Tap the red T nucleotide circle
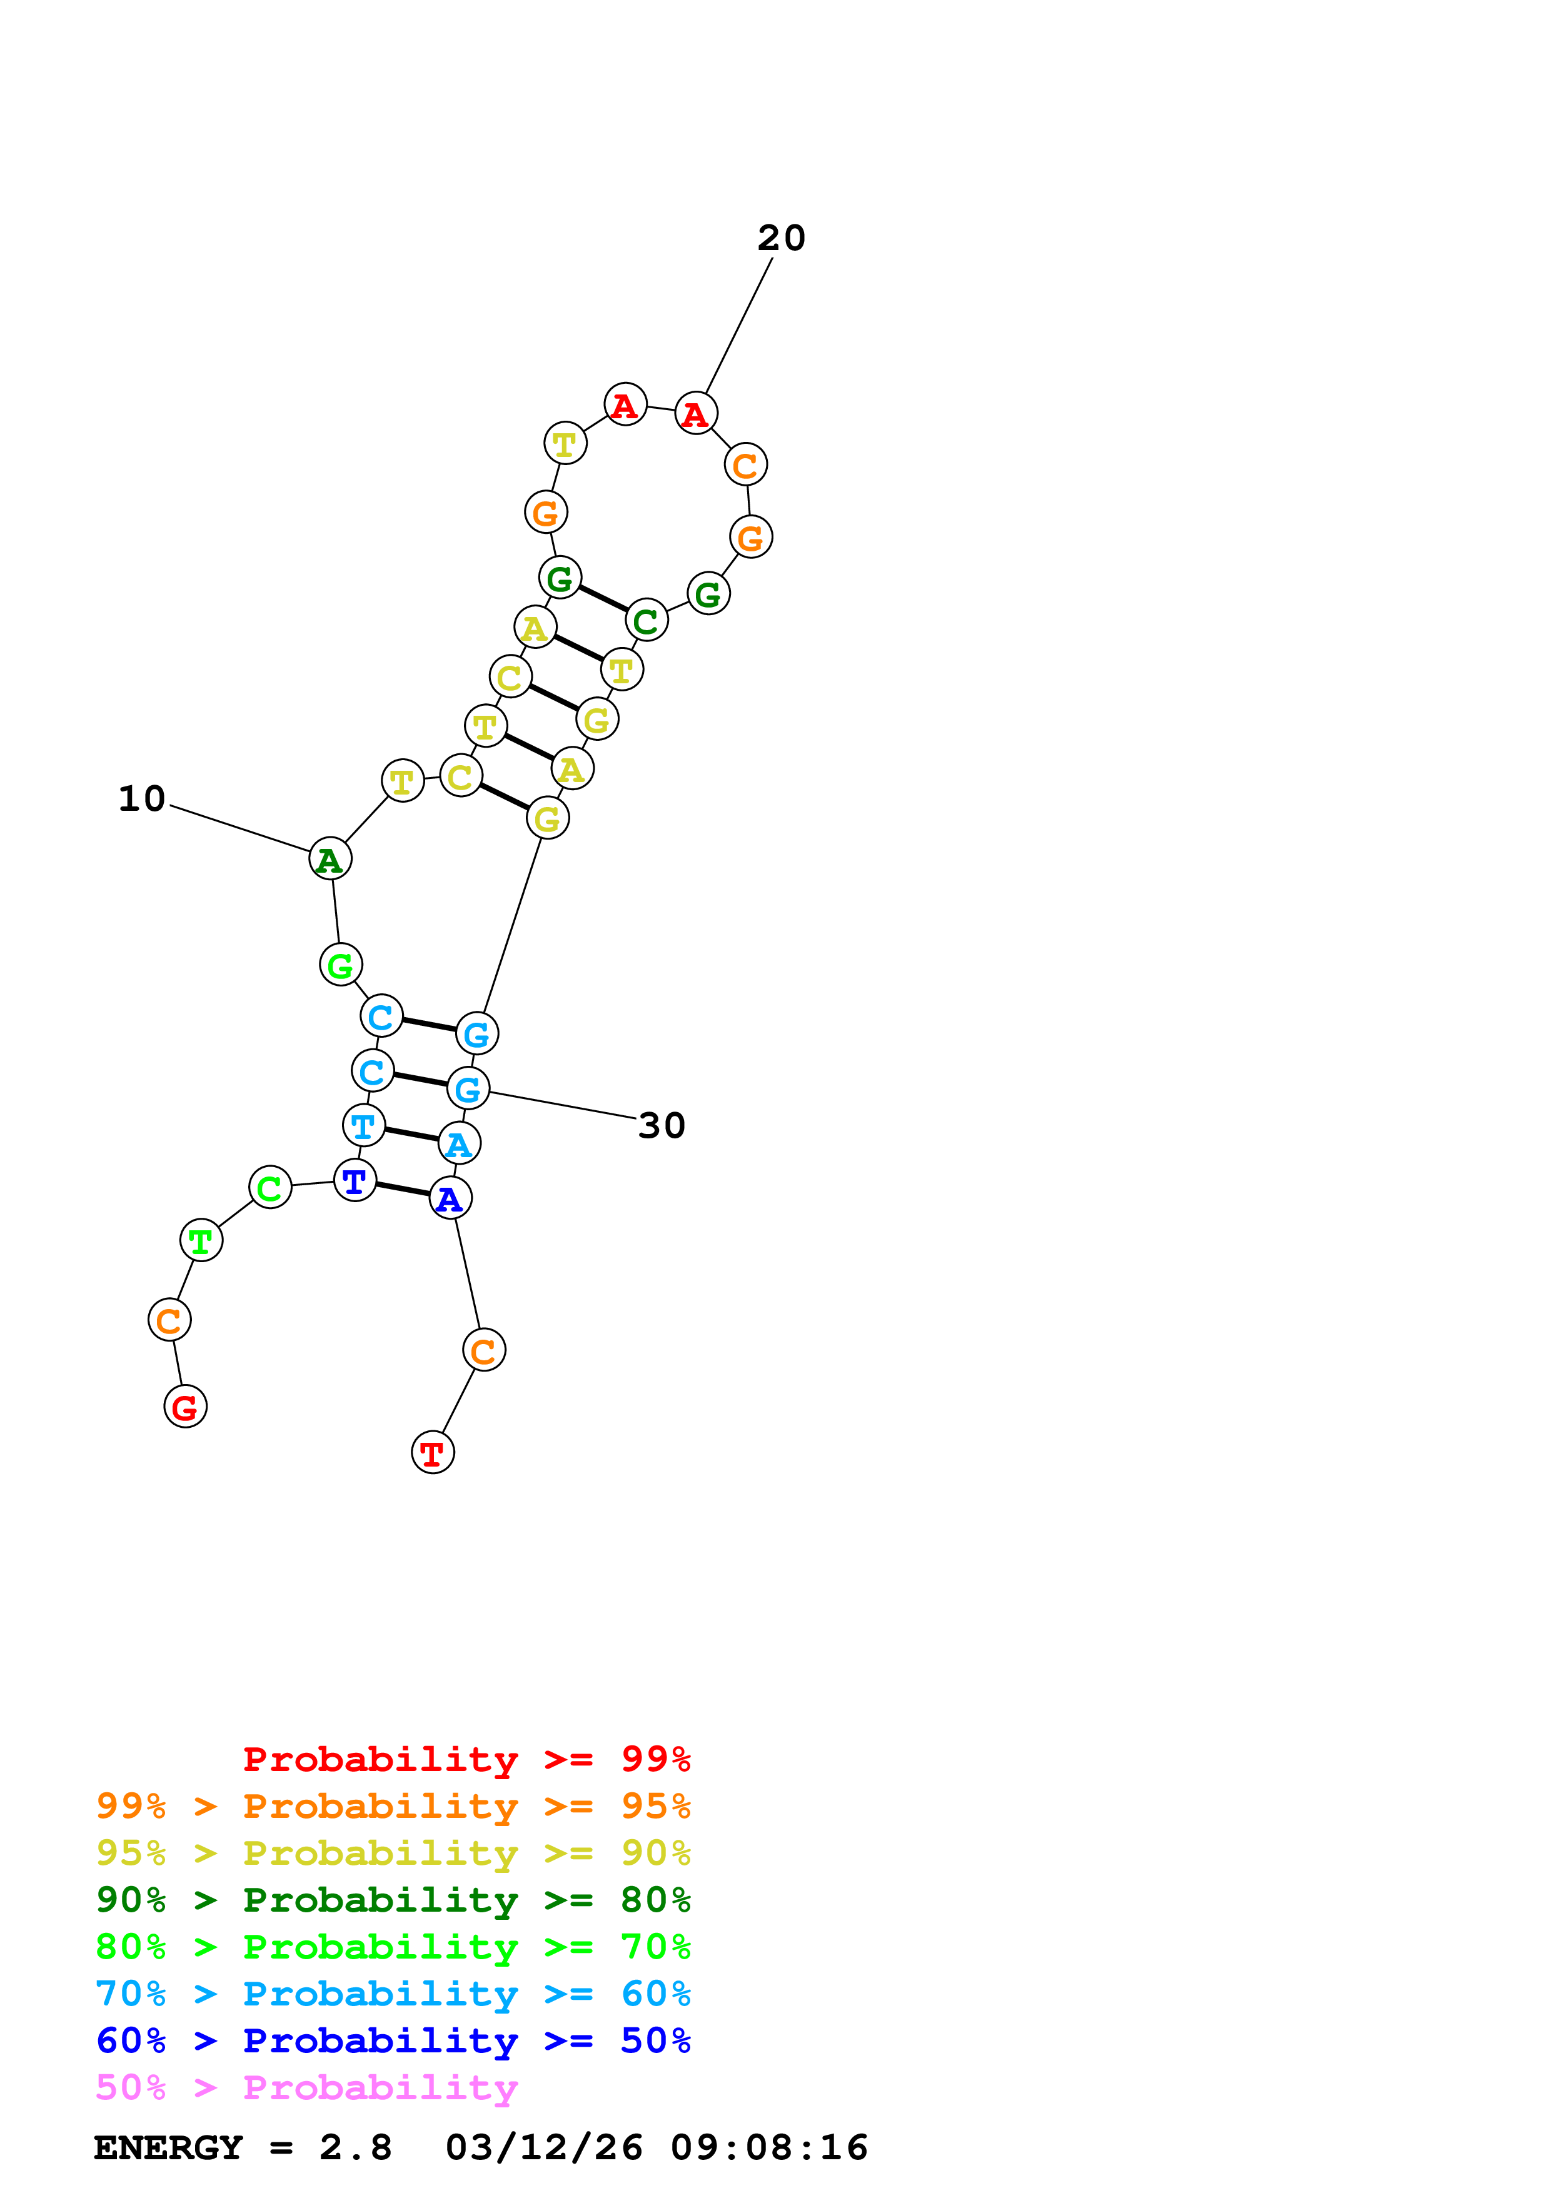433,1453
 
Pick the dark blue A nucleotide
450,1198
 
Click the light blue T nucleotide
363,1125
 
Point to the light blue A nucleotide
460,1143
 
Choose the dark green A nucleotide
330,859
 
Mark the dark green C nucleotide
647,621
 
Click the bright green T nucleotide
201,1241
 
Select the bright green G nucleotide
341,965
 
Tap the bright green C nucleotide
270,1187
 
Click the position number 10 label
141,798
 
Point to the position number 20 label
781,238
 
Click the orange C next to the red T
484,1350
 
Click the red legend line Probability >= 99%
466,1759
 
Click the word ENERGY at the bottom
168,2147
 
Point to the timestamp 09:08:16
769,2147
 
